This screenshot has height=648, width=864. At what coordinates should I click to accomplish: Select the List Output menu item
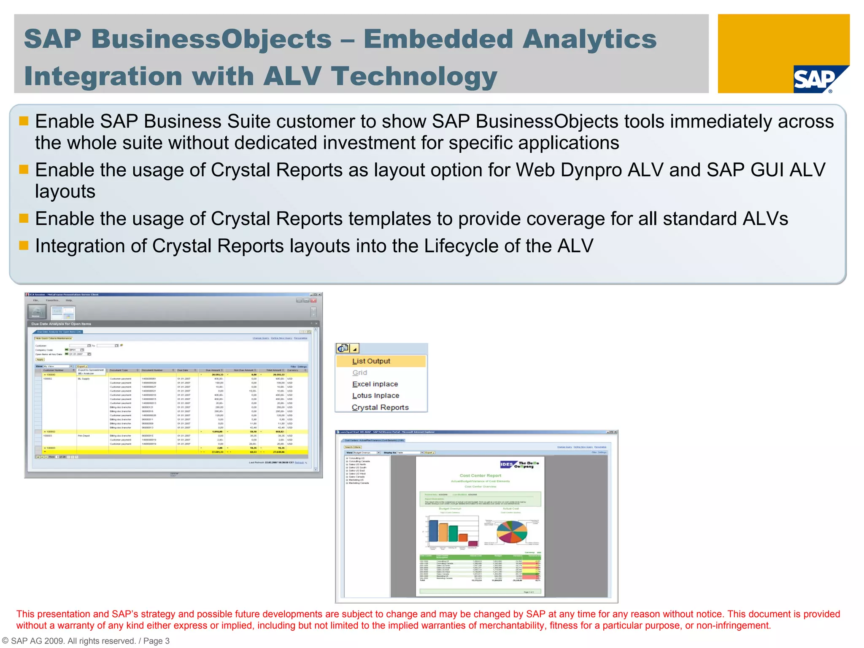[x=371, y=361]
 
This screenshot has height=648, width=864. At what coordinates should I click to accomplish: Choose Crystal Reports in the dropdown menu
[x=380, y=408]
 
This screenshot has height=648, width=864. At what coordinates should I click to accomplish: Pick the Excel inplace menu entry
[x=375, y=384]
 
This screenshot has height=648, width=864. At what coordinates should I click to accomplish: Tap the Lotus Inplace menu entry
[x=375, y=396]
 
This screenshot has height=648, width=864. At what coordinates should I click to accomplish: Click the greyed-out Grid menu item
[x=360, y=373]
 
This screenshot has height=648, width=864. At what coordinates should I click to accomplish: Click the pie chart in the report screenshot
[x=512, y=532]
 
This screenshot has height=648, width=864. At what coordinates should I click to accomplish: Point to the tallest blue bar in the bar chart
[x=433, y=531]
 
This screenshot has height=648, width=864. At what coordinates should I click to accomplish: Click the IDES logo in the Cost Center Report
[x=507, y=464]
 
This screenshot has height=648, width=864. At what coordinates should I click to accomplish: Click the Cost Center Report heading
[x=480, y=475]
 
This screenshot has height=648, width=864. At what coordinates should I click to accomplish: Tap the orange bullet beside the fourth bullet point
[x=24, y=246]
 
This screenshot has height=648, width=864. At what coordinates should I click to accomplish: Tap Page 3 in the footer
[x=156, y=641]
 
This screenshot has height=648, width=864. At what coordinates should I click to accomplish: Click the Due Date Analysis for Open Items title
[x=61, y=324]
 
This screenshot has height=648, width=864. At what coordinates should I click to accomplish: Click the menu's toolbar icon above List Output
[x=343, y=348]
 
